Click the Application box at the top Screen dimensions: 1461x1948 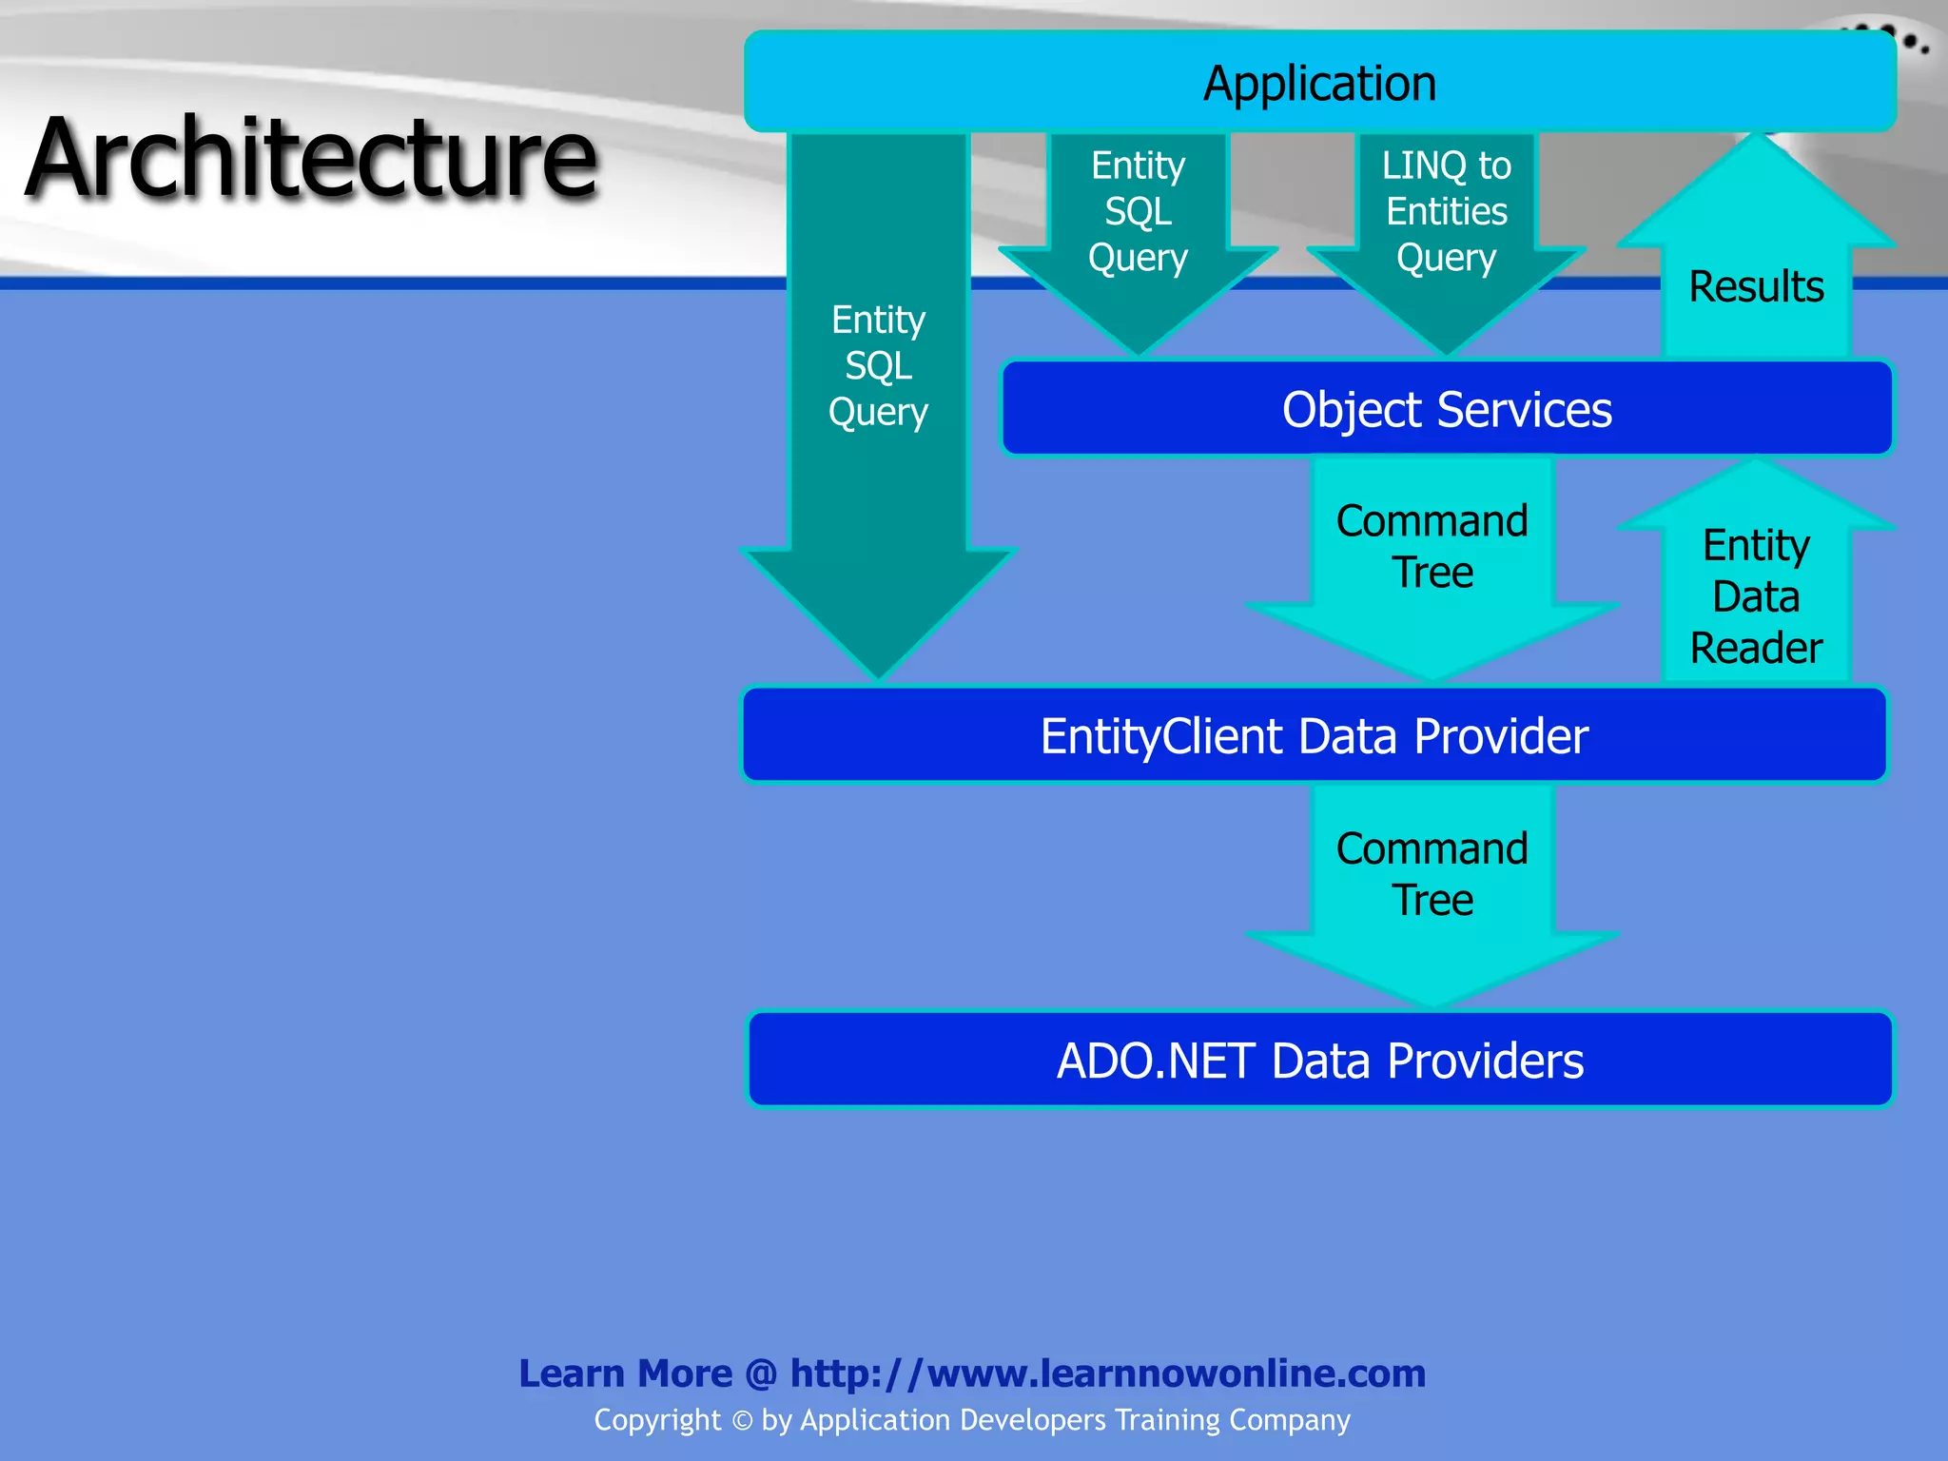(1319, 83)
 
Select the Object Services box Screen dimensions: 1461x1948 (1446, 410)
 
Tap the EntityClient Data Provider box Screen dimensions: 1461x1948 (1314, 736)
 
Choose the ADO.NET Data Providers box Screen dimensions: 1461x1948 (1319, 1061)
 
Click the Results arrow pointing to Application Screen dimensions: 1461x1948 (1756, 276)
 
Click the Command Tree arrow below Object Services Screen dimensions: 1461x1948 (1432, 561)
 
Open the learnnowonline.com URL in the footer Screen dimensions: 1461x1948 (1108, 1373)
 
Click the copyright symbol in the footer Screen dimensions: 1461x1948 (742, 1421)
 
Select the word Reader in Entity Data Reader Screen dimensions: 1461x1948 (1756, 649)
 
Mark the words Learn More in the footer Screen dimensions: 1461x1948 (625, 1373)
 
